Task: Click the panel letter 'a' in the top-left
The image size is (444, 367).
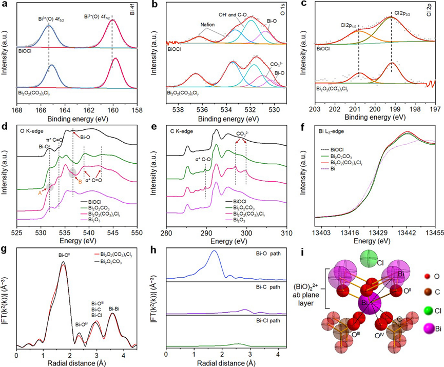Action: tap(4, 5)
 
